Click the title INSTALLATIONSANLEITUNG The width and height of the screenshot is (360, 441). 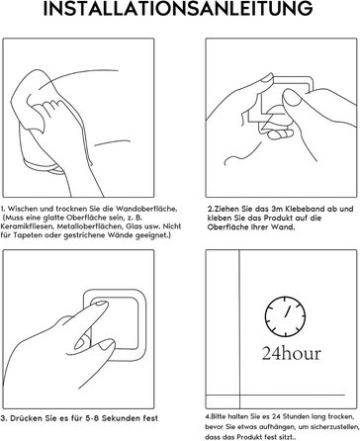pyautogui.click(x=178, y=9)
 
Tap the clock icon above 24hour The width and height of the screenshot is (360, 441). pyautogui.click(x=285, y=316)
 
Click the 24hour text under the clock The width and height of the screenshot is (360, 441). pyautogui.click(x=292, y=353)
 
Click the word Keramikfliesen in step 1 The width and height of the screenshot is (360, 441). pyautogui.click(x=28, y=226)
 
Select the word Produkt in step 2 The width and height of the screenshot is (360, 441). pyautogui.click(x=280, y=218)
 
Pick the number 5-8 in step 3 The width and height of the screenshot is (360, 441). pyautogui.click(x=92, y=418)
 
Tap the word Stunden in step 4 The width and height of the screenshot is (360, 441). pyautogui.click(x=294, y=416)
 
